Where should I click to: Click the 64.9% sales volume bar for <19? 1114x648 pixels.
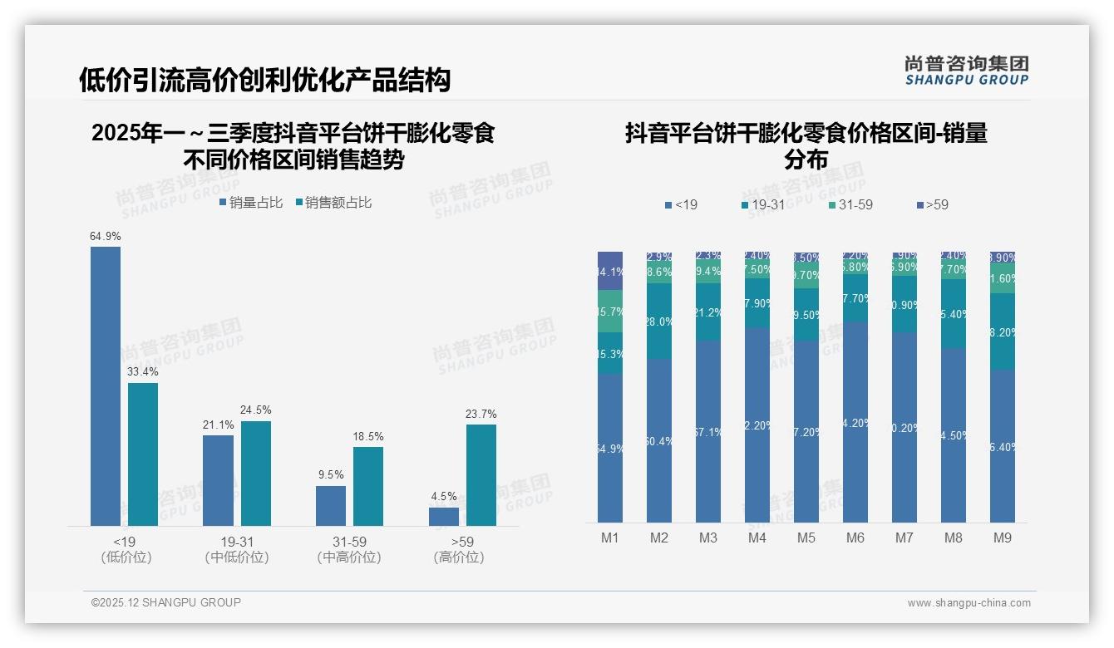pyautogui.click(x=106, y=386)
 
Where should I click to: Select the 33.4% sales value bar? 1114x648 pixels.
pyautogui.click(x=143, y=454)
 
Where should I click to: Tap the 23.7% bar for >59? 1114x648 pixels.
pyautogui.click(x=481, y=475)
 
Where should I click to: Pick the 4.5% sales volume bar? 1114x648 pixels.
pyautogui.click(x=444, y=517)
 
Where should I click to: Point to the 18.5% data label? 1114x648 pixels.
pyautogui.click(x=368, y=437)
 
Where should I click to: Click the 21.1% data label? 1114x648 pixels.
pyautogui.click(x=219, y=425)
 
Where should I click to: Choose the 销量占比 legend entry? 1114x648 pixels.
pyautogui.click(x=251, y=203)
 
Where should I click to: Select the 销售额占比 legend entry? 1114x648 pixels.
pyautogui.click(x=333, y=203)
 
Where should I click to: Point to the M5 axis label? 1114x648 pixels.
pyautogui.click(x=806, y=538)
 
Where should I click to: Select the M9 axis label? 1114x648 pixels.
pyautogui.click(x=1003, y=538)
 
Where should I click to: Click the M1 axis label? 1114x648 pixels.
pyautogui.click(x=610, y=538)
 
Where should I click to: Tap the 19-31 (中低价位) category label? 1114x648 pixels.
pyautogui.click(x=237, y=549)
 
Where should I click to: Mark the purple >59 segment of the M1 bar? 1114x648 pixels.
pyautogui.click(x=610, y=270)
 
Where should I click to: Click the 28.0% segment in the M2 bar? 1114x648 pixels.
pyautogui.click(x=659, y=322)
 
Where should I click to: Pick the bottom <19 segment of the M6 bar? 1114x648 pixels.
pyautogui.click(x=855, y=423)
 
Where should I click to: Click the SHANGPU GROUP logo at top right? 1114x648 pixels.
pyautogui.click(x=966, y=70)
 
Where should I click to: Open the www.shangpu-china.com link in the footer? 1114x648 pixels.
pyautogui.click(x=969, y=603)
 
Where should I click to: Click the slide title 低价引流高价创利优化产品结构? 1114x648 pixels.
pyautogui.click(x=264, y=80)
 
